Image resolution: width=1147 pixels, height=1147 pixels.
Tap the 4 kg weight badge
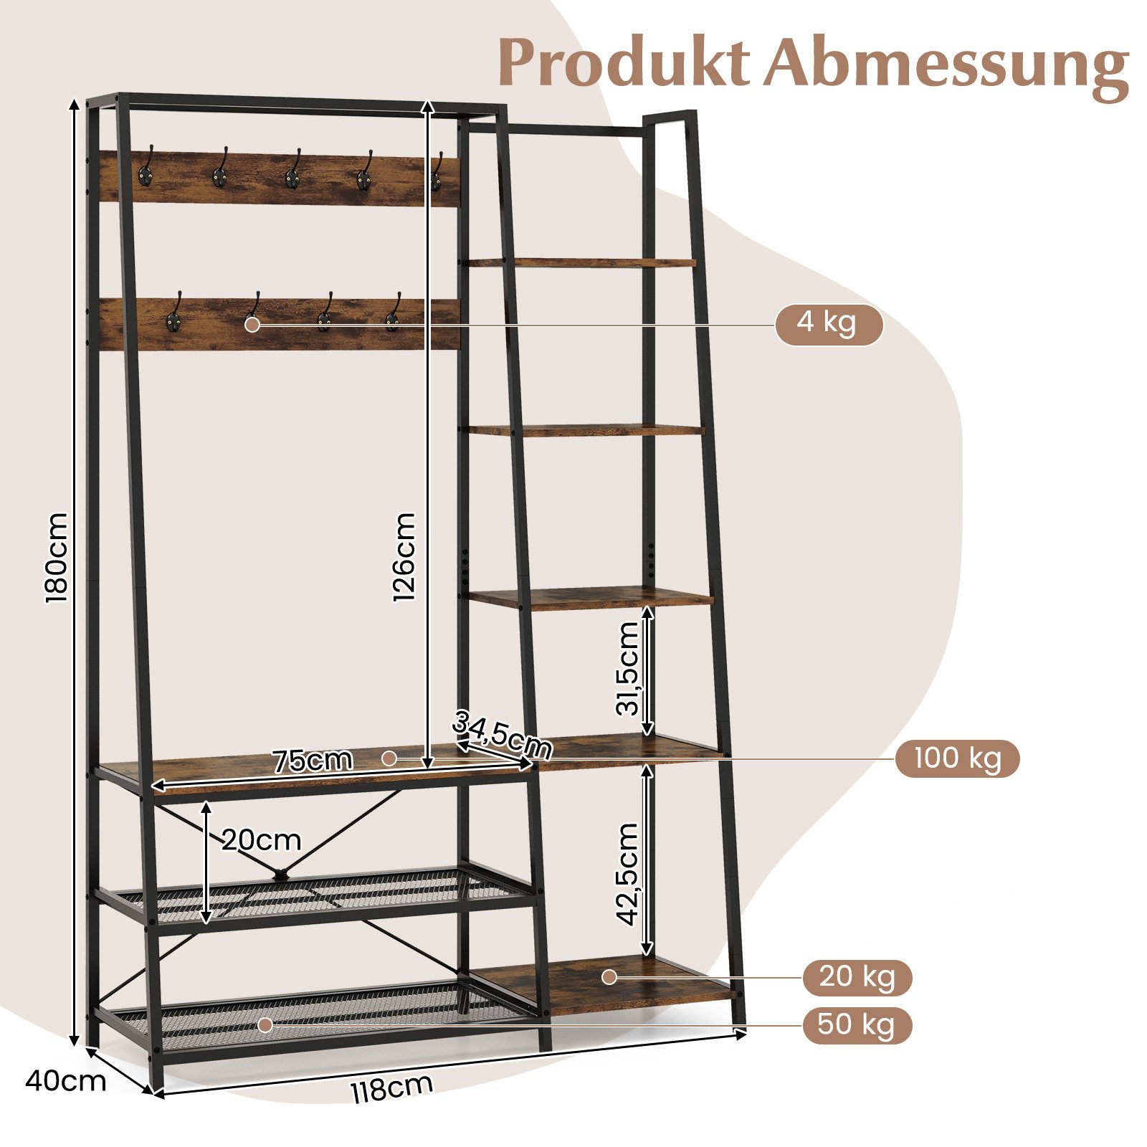(x=829, y=325)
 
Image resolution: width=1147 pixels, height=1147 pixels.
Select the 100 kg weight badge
(x=957, y=758)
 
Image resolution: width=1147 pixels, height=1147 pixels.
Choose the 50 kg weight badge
(x=857, y=1025)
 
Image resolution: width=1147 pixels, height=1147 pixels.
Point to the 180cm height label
(x=57, y=558)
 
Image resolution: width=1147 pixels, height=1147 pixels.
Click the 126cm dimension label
(x=404, y=557)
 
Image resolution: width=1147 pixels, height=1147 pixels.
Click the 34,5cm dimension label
(x=502, y=736)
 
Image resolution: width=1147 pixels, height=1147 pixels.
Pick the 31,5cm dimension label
(x=627, y=669)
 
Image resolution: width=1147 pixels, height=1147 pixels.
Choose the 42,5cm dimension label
(x=627, y=874)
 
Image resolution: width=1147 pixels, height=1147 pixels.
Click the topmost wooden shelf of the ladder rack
(x=581, y=263)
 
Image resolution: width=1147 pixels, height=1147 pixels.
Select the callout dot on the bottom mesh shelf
(x=266, y=1025)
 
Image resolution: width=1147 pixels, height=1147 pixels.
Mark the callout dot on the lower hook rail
(x=252, y=324)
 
